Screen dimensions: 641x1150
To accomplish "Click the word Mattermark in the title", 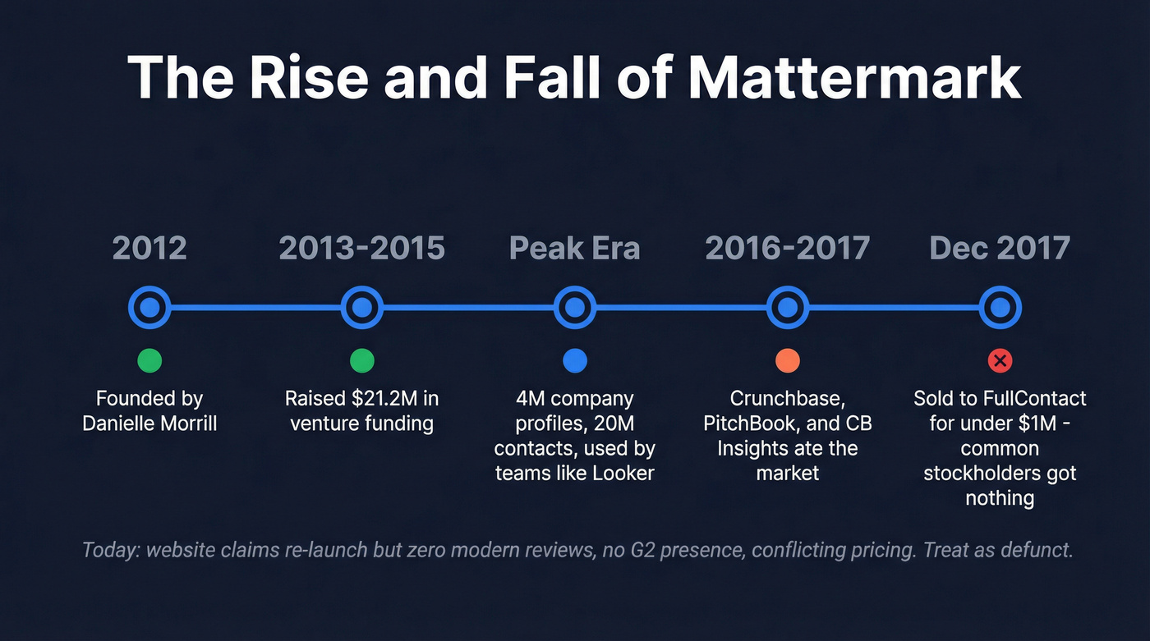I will click(x=854, y=79).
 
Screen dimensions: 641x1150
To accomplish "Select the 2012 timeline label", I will click(x=149, y=248).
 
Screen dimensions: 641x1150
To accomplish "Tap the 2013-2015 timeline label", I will click(x=361, y=248).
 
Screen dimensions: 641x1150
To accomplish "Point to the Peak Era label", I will click(x=574, y=248).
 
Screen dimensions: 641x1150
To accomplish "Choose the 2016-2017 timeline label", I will click(x=787, y=248).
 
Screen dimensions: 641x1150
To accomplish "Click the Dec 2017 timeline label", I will click(x=1000, y=248).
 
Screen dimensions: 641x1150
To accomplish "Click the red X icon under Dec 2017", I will click(x=1000, y=360).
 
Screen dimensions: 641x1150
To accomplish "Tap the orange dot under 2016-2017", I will click(x=787, y=360).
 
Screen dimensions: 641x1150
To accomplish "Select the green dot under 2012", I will click(x=149, y=360).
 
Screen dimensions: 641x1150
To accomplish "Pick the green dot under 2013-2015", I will click(x=361, y=360).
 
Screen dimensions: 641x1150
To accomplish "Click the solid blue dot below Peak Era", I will click(x=574, y=360).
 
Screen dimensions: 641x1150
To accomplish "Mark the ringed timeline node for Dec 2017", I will click(x=1000, y=308).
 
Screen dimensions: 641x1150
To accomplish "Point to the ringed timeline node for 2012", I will click(x=149, y=308).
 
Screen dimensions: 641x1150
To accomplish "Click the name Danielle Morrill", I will click(x=149, y=424).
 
